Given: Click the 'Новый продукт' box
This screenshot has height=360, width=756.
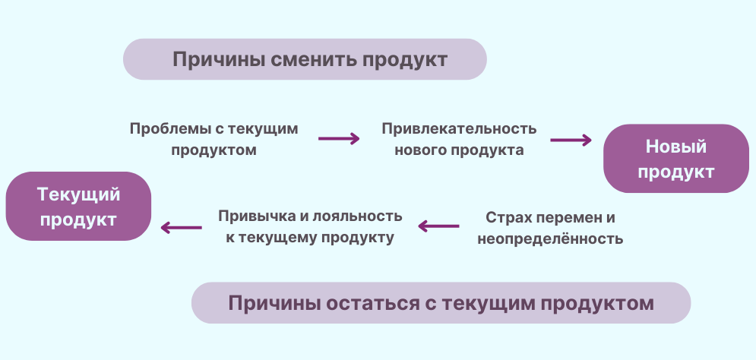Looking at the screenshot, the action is pos(676,159).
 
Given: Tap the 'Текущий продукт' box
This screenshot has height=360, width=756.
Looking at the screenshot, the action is pos(78,207).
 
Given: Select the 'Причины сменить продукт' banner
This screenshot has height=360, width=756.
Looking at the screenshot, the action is pos(305,59).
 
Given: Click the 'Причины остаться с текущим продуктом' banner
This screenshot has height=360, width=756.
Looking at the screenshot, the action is pos(441,303).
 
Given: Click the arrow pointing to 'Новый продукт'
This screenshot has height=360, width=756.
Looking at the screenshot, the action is pos(571,141).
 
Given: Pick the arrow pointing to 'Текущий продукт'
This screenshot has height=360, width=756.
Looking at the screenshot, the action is pos(182,228).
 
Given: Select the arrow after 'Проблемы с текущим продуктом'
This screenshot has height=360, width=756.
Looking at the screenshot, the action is pos(339,139).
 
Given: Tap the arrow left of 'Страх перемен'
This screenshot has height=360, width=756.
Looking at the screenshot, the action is pos(438,226).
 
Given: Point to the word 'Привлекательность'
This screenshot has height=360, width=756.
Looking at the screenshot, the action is pos(459,129).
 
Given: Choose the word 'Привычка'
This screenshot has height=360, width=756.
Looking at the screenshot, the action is pos(256,216).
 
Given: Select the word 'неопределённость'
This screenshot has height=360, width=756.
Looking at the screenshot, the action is pos(550,238).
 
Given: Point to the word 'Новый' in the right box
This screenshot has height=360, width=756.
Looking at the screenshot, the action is pos(676,147).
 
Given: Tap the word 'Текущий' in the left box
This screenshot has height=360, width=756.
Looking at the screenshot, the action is pos(78,194).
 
